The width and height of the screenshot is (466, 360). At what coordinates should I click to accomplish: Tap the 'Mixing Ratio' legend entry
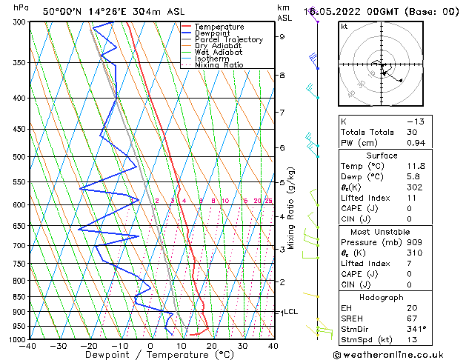(x=219, y=65)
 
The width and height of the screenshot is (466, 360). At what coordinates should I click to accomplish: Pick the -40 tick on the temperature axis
(x=28, y=346)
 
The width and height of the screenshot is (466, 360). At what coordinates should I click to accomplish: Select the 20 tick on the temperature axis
(x=212, y=346)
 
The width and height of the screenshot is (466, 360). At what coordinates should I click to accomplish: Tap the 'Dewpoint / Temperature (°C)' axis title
(x=150, y=355)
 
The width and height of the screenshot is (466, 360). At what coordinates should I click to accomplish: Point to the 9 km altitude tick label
(x=282, y=36)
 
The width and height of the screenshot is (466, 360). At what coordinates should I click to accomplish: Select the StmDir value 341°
(x=418, y=329)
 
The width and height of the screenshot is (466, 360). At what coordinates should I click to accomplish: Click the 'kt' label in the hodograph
(x=344, y=27)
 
